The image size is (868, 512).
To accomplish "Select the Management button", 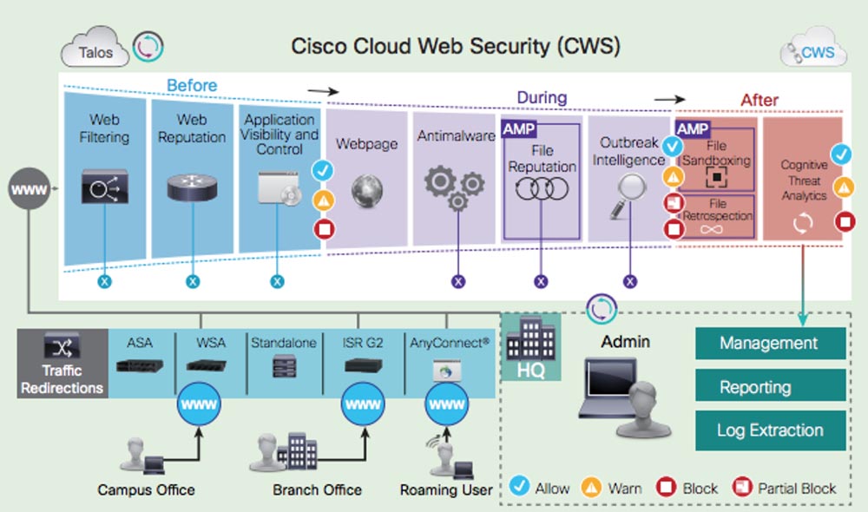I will (769, 343).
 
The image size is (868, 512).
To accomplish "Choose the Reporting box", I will (769, 386).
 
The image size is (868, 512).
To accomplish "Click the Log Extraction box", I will (769, 430).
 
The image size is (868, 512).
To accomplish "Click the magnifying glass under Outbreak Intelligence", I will (630, 192).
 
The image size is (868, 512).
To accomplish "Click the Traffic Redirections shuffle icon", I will (62, 350).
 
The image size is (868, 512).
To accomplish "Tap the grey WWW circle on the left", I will (28, 188).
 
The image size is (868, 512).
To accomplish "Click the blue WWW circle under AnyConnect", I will (447, 404).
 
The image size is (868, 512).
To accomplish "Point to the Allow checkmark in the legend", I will (521, 487).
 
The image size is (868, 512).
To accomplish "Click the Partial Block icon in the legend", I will (742, 487).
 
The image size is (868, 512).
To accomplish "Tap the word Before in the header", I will (192, 85).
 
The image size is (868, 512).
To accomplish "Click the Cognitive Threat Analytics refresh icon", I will (804, 222).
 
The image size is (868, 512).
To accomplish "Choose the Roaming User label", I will (446, 490).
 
